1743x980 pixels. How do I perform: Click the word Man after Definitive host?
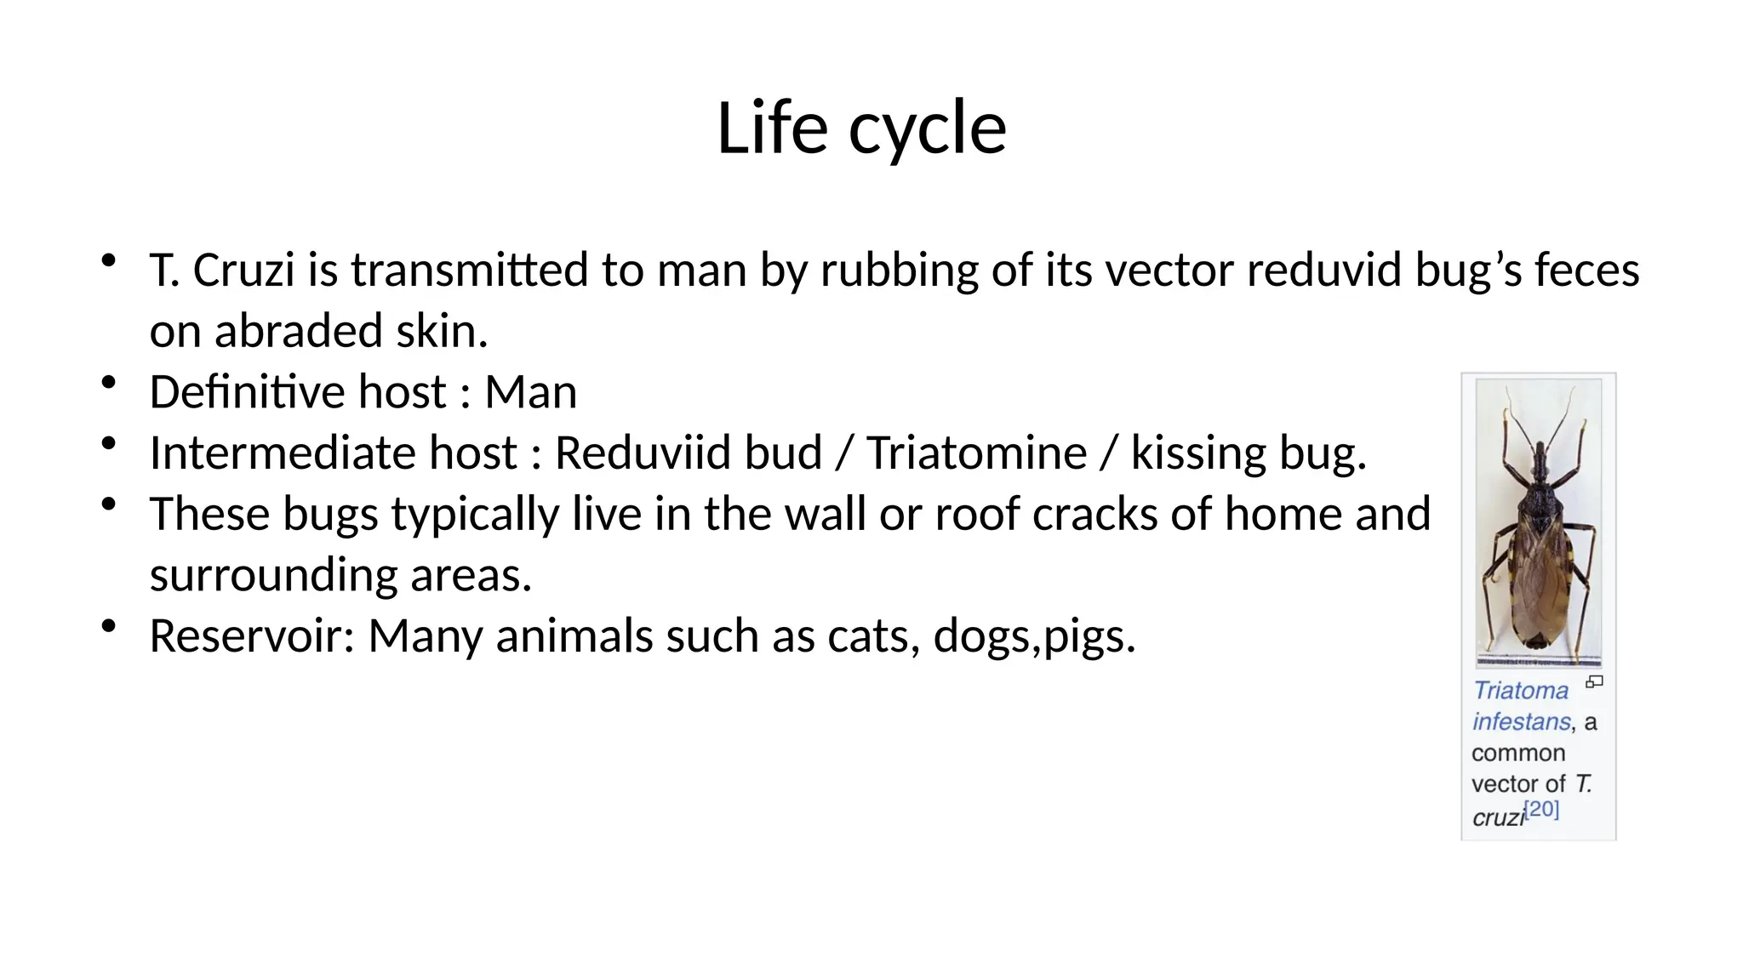coord(530,392)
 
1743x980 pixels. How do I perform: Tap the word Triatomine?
coord(976,453)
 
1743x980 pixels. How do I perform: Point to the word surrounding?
coord(273,575)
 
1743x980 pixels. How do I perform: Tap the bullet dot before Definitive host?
coord(108,383)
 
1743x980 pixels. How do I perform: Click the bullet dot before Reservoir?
coord(108,627)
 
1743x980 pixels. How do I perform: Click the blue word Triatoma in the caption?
coord(1520,691)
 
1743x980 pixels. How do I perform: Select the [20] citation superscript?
coord(1541,809)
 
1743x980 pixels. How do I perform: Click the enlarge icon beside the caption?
coord(1594,681)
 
